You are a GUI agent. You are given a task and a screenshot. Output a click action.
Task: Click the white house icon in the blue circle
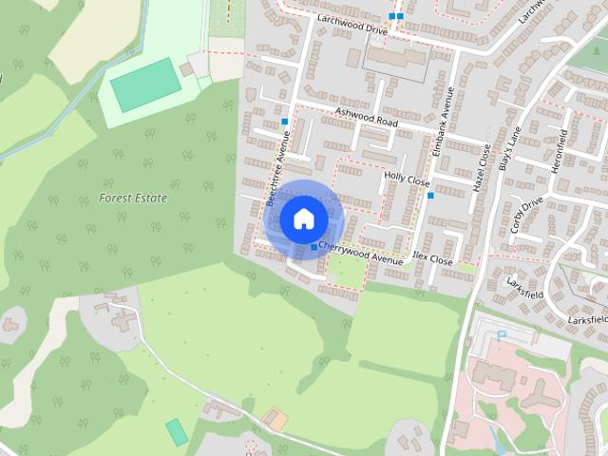pos(302,218)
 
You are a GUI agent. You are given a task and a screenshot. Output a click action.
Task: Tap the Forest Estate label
pos(133,199)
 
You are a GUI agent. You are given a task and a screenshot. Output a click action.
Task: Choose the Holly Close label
pos(407,178)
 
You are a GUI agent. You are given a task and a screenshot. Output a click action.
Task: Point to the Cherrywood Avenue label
pos(361,248)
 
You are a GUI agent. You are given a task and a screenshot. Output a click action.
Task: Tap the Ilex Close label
pos(433,257)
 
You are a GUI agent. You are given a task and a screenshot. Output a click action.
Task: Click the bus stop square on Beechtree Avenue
pos(284,122)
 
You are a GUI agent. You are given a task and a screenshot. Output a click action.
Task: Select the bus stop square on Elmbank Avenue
pos(430,196)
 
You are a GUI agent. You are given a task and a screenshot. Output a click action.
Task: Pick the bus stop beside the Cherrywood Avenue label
pos(314,247)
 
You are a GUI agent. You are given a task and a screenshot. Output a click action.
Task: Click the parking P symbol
pos(503,334)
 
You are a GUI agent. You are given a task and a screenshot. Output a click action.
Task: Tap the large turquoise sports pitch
pos(144,84)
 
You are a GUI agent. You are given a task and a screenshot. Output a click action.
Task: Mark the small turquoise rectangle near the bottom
pos(177,431)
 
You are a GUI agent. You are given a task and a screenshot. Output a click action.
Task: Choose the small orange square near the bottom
pos(275,417)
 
